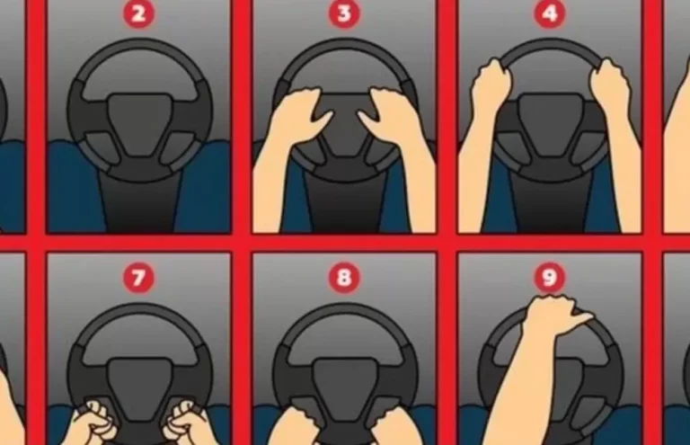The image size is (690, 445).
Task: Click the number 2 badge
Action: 138,13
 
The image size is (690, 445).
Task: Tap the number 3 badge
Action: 344,13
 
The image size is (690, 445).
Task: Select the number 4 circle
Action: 549,13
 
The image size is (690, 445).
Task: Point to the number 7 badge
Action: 138,278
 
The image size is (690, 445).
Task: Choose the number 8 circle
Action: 344,278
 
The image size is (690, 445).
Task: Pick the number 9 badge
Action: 549,277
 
